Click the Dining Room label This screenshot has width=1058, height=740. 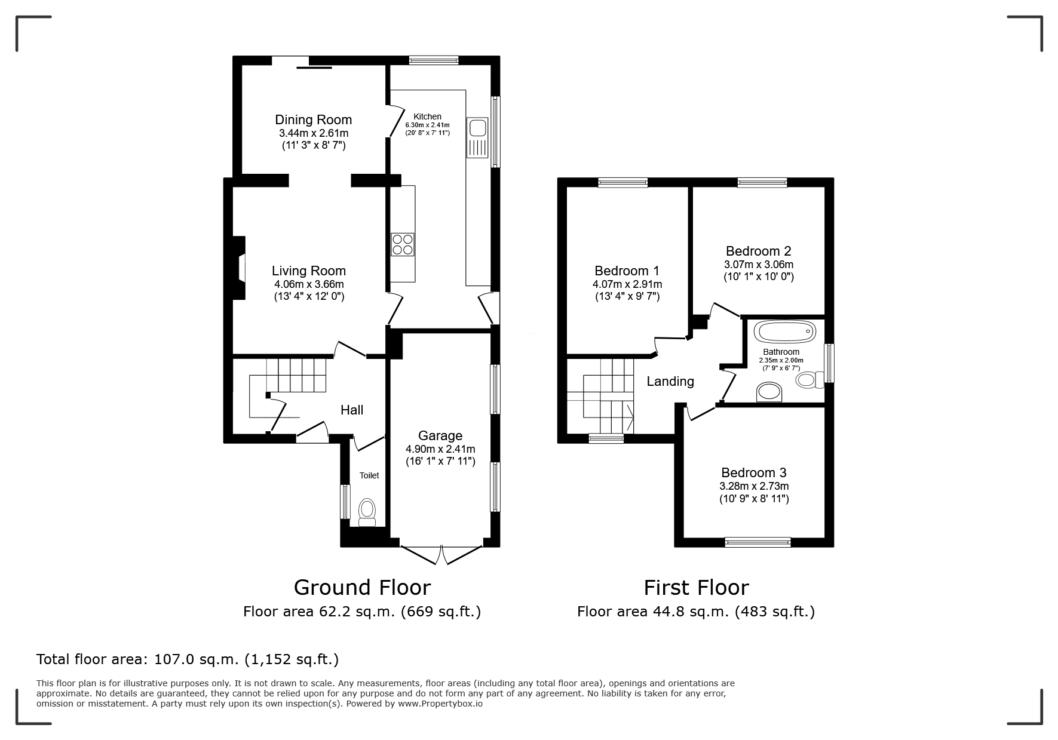click(313, 119)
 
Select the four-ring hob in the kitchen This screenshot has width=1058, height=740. click(403, 244)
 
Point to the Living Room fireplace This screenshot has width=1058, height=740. click(239, 268)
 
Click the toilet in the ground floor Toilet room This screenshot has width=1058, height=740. click(367, 512)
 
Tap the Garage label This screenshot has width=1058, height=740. click(440, 436)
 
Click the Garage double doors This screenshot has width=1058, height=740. click(441, 554)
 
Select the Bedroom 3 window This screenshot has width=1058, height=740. click(758, 542)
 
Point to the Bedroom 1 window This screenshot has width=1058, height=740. click(623, 183)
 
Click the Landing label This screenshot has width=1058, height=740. click(670, 381)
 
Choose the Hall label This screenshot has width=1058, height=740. click(352, 410)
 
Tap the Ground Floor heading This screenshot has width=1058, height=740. click(362, 588)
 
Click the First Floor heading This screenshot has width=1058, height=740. click(696, 588)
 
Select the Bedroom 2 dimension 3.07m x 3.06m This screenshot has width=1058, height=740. click(759, 264)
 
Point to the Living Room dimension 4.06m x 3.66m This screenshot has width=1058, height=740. click(309, 284)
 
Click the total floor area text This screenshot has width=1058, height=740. click(188, 659)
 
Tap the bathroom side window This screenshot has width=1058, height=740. click(829, 363)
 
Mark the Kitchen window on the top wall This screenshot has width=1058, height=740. click(434, 60)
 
